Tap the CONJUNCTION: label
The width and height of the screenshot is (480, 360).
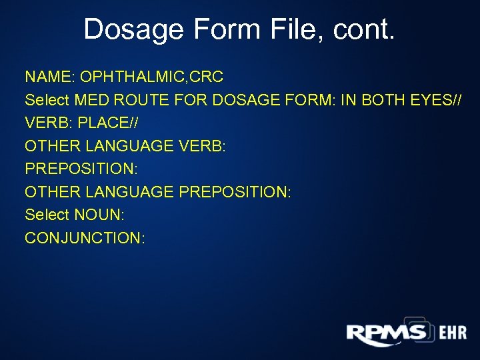(85, 237)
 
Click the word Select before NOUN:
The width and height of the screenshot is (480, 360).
(47, 214)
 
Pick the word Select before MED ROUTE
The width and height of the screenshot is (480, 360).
(47, 101)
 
